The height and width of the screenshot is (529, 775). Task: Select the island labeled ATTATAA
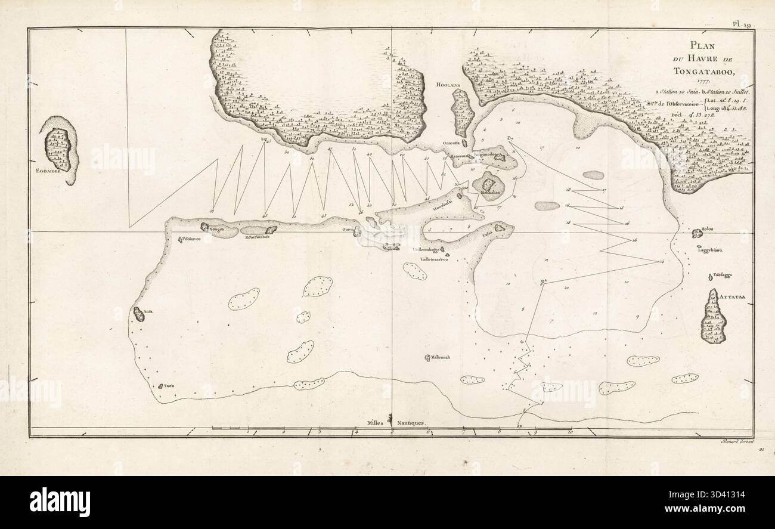(713, 317)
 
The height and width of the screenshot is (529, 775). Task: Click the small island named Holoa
(699, 233)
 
